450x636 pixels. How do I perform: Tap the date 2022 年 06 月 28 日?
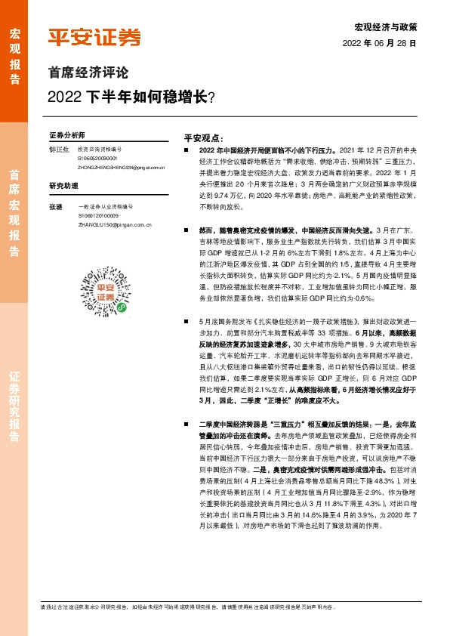tap(384, 44)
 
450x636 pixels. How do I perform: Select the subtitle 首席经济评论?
tap(88, 73)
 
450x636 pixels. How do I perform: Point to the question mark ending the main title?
tap(211, 97)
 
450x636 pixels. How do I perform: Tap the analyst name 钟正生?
tap(58, 150)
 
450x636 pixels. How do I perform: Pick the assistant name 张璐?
tap(55, 206)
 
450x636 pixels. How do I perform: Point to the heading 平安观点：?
tap(205, 139)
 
